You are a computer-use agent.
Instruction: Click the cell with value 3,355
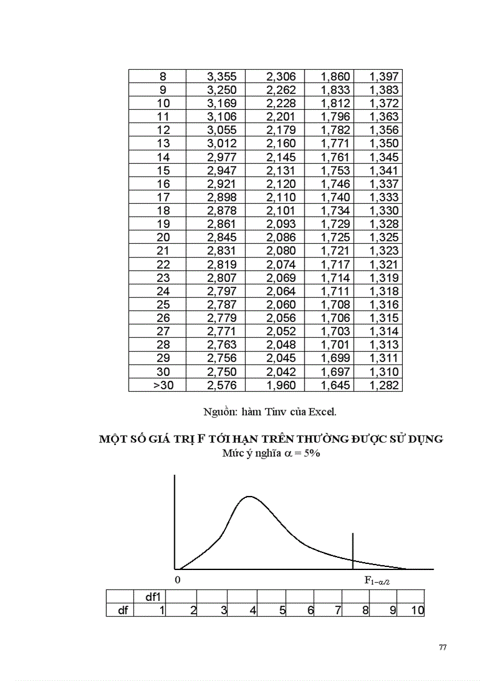[x=226, y=76]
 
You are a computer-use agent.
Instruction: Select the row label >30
[x=163, y=385]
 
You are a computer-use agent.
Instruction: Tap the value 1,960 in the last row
[x=281, y=385]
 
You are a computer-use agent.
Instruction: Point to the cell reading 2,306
[x=281, y=76]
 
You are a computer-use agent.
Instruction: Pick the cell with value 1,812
[x=335, y=103]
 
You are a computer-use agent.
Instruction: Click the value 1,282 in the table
[x=384, y=385]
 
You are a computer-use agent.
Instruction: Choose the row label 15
[x=163, y=170]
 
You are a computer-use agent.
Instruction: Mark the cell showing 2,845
[x=226, y=237]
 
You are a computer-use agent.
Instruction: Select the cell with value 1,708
[x=335, y=304]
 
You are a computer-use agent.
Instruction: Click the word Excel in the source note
[x=322, y=412]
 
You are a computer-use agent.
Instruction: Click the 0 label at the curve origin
[x=178, y=580]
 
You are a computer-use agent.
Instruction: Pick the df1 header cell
[x=153, y=597]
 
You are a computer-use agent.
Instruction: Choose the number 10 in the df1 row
[x=417, y=610]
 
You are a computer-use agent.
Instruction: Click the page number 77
[x=443, y=648]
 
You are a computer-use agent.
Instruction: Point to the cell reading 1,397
[x=384, y=76]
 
